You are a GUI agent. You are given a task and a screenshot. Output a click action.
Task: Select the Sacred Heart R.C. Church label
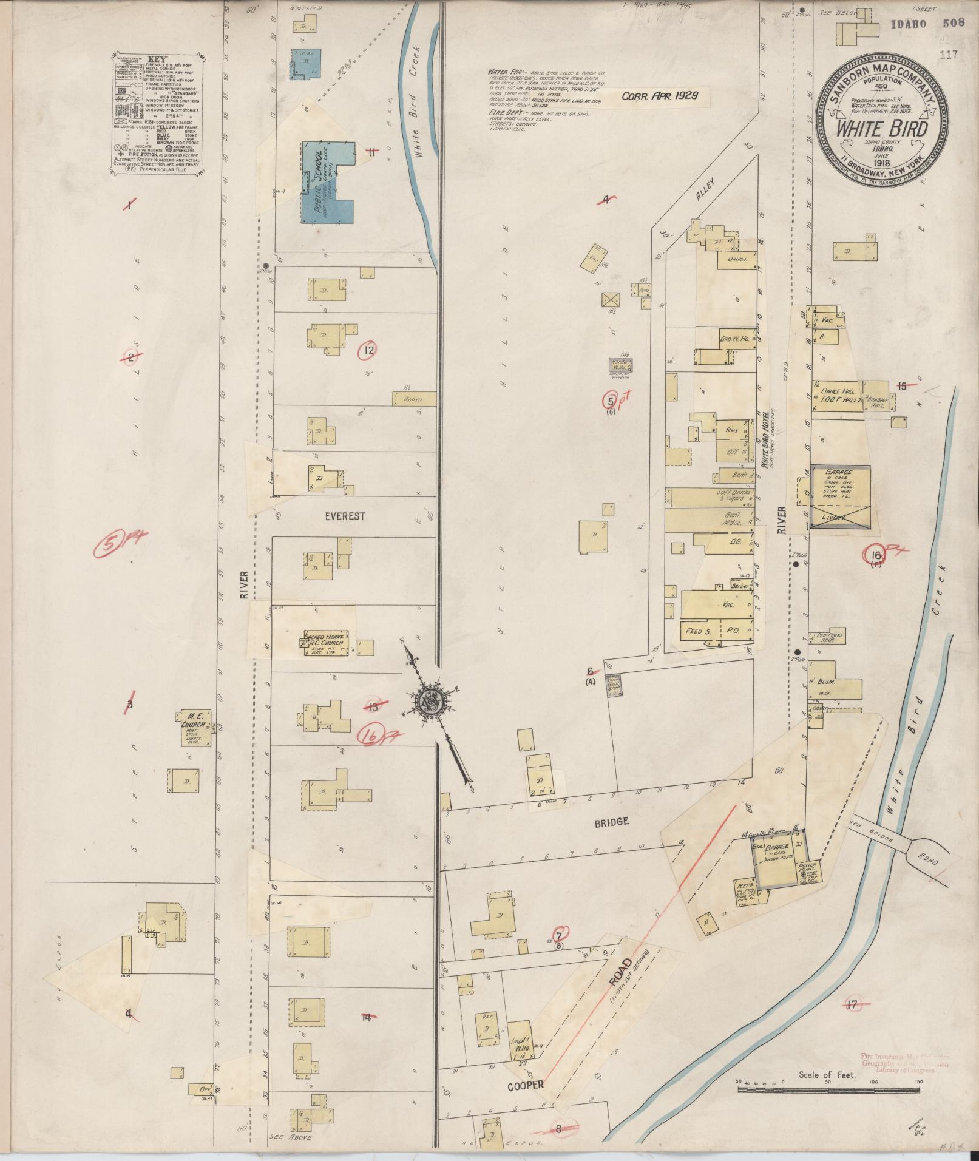point(325,641)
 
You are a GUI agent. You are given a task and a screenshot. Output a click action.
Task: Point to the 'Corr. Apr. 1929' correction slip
point(659,96)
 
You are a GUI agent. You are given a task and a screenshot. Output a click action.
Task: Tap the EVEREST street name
point(345,516)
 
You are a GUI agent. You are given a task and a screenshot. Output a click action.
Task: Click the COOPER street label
point(526,1085)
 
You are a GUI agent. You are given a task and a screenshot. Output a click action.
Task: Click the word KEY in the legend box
point(157,59)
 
